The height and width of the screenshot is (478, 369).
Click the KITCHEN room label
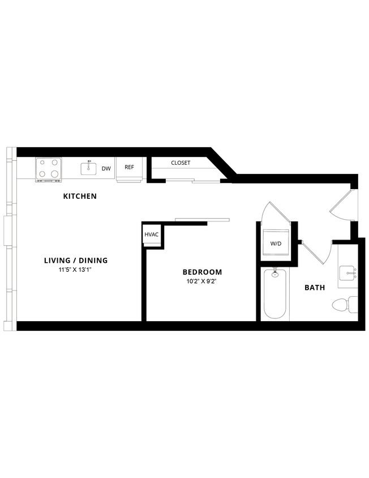pos(80,197)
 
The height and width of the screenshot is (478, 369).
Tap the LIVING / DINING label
pos(76,261)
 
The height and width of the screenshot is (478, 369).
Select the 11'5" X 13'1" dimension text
pos(75,270)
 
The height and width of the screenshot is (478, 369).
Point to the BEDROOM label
pos(203,272)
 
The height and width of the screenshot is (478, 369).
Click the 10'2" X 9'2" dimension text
pos(202,281)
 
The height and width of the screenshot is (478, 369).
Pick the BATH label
pos(315,288)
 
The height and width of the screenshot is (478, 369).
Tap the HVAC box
pos(152,234)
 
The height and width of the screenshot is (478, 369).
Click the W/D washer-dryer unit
pos(276,244)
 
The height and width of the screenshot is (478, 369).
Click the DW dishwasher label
pos(106,168)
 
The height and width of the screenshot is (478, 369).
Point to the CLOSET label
pos(181,163)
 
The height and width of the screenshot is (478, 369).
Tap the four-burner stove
pos(48,169)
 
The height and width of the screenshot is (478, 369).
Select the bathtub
pos(276,295)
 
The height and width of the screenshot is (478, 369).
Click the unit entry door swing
pos(344,205)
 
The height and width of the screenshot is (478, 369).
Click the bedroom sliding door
pos(202,219)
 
